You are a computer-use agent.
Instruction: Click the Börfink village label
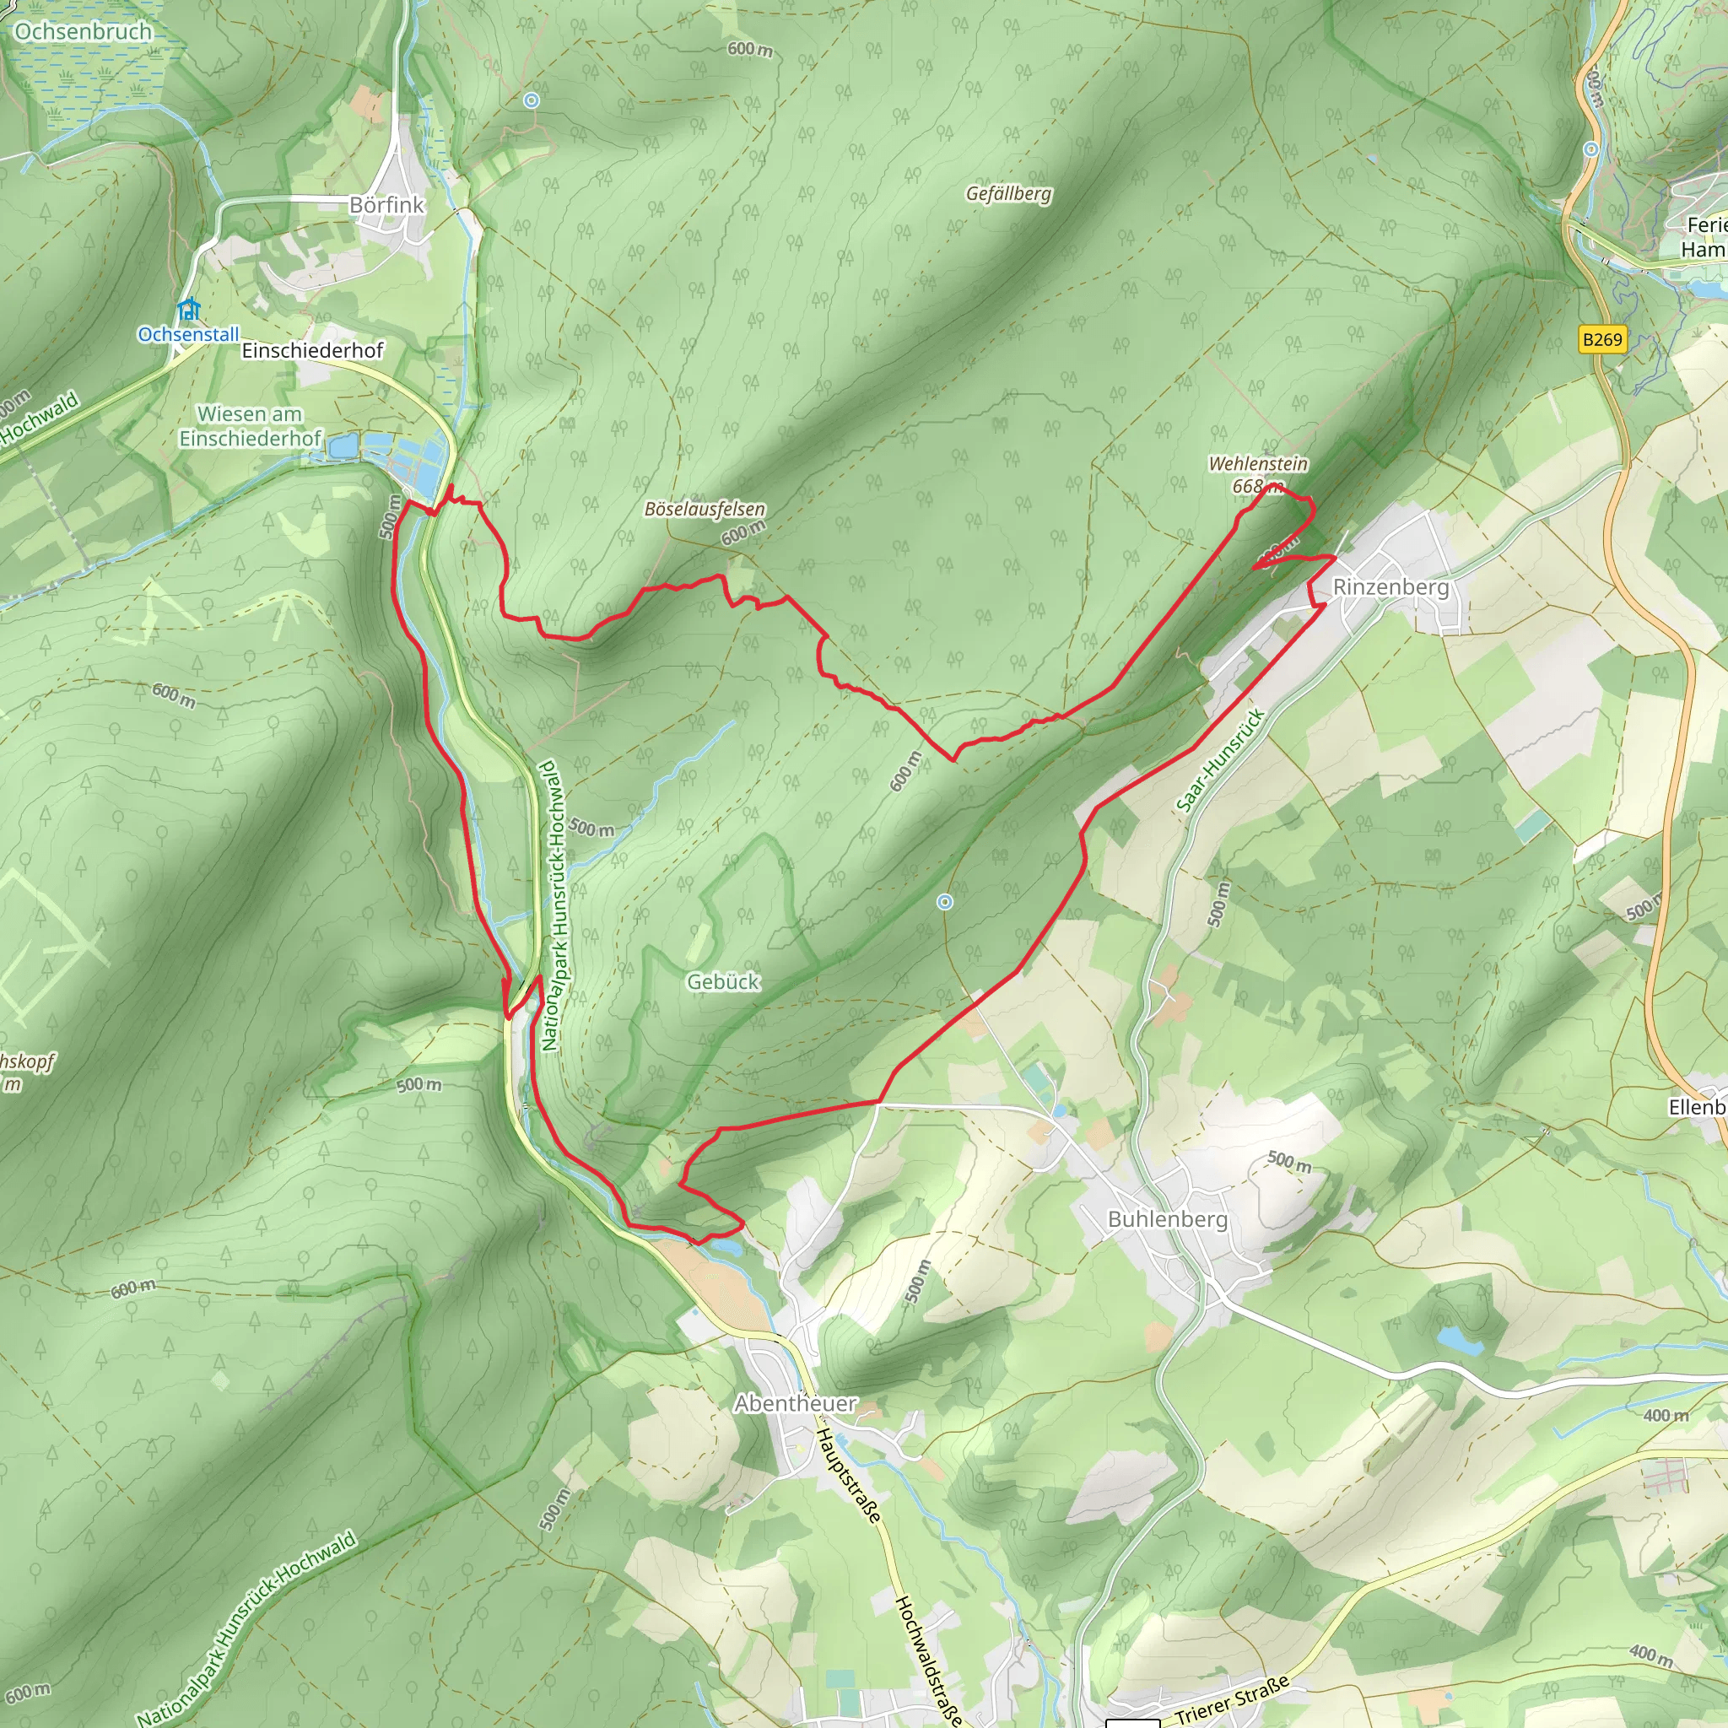(386, 205)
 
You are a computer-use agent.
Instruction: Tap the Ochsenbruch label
(84, 31)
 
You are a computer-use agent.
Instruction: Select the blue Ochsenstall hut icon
(188, 310)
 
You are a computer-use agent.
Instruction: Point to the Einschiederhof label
(312, 349)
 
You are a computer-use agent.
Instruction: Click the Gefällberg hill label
(1008, 194)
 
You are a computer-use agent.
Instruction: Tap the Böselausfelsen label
(705, 509)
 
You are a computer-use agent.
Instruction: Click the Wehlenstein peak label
(1257, 463)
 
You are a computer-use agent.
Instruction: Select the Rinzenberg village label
(1390, 586)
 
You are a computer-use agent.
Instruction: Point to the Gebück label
(723, 981)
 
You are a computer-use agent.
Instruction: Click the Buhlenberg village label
(1167, 1219)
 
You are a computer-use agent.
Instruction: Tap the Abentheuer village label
(795, 1403)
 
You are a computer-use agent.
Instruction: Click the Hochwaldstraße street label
(929, 1660)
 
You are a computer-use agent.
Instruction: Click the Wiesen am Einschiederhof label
(250, 426)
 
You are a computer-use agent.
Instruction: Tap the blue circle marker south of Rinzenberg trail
(944, 903)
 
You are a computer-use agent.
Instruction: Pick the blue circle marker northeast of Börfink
(532, 100)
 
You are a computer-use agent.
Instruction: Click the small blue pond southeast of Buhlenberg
(1458, 1340)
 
